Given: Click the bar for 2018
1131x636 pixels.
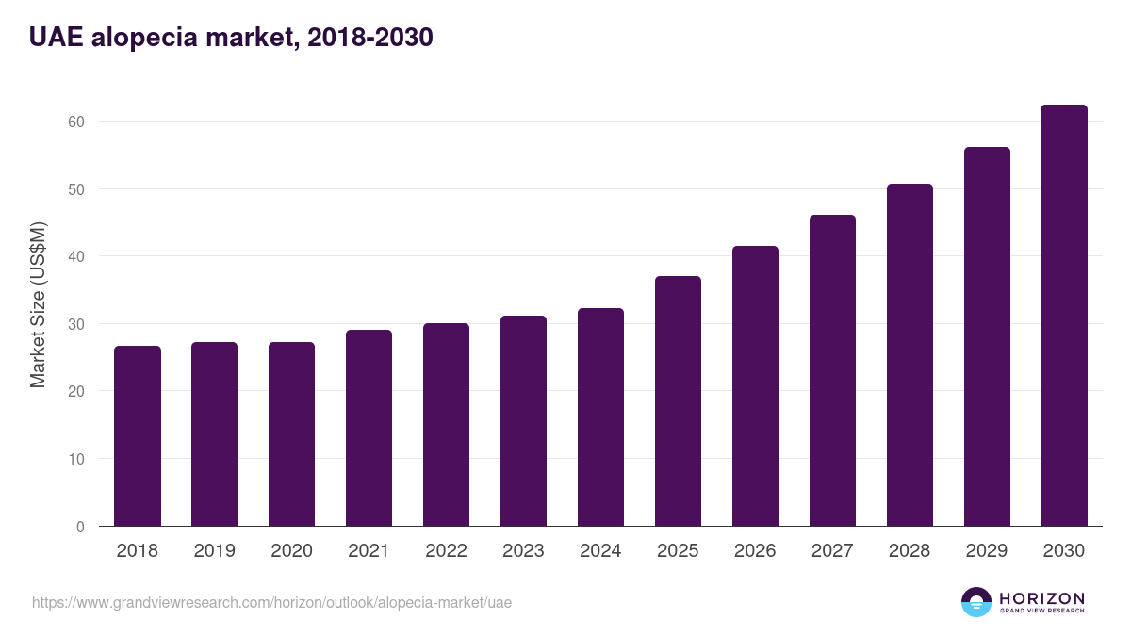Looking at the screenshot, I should (x=138, y=436).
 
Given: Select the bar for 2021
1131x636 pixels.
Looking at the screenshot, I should (x=369, y=428).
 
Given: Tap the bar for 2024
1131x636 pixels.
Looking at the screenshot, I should (x=600, y=417).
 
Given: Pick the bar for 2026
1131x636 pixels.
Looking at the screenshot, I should (x=755, y=386).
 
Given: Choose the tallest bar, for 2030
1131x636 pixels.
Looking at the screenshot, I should (x=1063, y=316).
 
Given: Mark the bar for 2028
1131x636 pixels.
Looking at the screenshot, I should (x=910, y=355).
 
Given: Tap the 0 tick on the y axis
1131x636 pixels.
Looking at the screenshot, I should (x=80, y=527).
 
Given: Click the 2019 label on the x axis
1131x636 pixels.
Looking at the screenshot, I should (x=215, y=551).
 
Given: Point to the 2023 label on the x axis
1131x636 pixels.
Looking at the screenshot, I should (x=523, y=551).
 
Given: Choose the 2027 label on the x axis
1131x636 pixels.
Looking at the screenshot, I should (x=832, y=551).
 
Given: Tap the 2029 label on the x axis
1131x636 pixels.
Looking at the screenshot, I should (x=987, y=551).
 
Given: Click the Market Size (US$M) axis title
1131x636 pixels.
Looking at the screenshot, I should (x=38, y=304).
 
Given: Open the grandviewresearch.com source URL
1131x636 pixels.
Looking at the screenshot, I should (x=271, y=602).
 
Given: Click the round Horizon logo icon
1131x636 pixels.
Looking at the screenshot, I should (x=976, y=602).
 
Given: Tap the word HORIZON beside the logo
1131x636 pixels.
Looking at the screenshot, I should (x=1041, y=598).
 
